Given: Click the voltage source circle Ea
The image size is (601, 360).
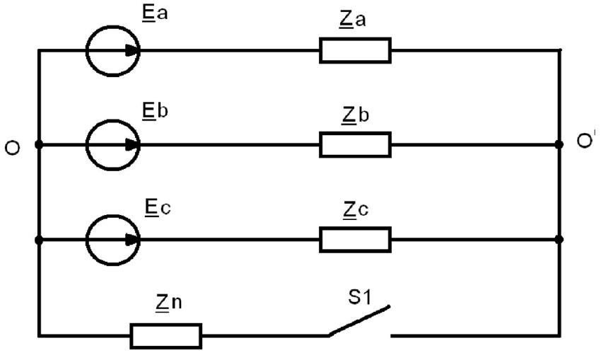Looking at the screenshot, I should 112,50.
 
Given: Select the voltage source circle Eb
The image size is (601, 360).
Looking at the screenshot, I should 112,145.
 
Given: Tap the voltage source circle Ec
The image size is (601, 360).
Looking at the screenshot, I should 112,240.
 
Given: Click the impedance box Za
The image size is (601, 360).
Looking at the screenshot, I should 355,50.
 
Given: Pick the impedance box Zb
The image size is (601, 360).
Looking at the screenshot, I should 355,145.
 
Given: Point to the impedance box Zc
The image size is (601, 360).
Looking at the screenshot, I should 355,240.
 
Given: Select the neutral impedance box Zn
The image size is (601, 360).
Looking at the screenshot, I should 166,335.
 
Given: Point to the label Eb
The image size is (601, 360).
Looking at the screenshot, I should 156,111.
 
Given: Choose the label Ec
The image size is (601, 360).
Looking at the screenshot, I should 155,207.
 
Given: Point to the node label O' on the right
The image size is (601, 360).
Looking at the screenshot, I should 584,141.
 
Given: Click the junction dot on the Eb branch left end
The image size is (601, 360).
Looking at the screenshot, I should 38,145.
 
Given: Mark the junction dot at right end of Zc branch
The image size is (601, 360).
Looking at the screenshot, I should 559,240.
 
